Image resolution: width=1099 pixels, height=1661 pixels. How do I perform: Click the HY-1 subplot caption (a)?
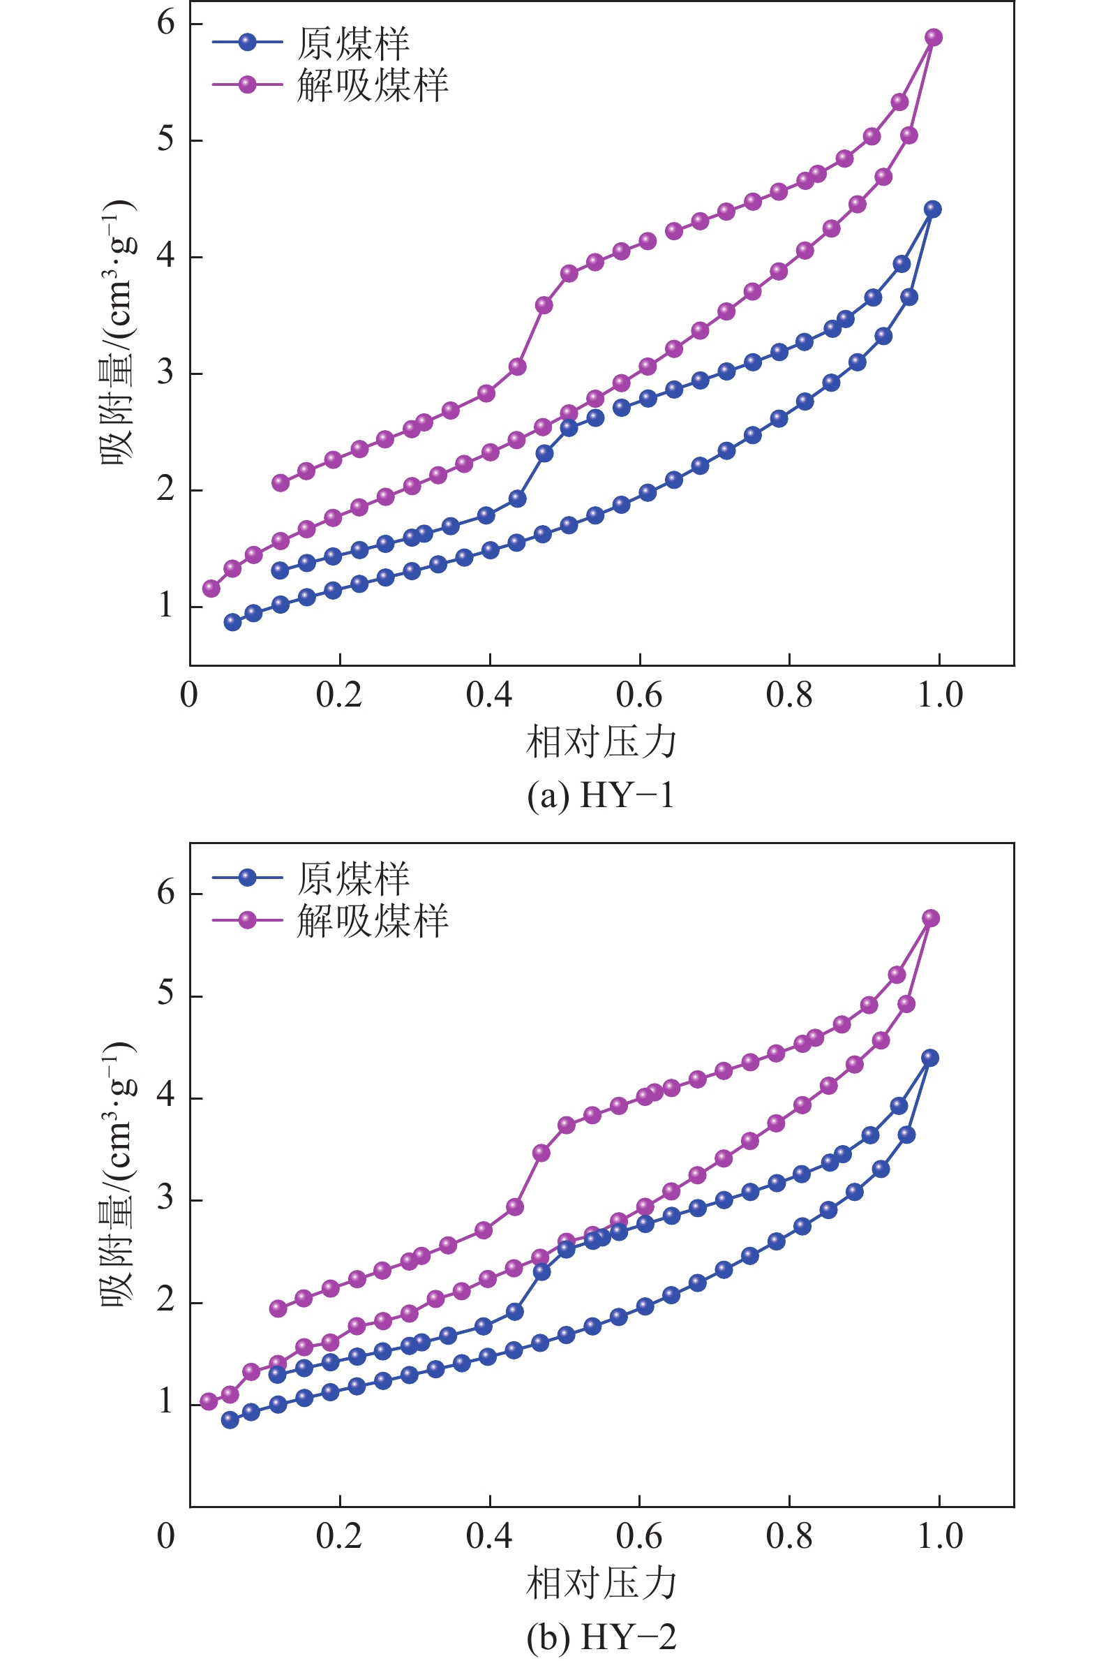(601, 796)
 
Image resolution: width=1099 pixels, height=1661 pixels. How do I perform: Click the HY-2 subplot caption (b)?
(601, 1637)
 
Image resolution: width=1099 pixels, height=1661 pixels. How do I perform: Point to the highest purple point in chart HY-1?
(934, 37)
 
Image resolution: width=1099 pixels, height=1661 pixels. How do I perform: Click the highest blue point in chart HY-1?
(933, 209)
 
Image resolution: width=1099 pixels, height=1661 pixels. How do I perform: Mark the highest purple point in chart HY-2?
(931, 918)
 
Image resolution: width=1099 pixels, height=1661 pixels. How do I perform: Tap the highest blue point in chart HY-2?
(930, 1058)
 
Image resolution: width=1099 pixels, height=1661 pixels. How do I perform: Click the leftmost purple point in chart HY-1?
(211, 589)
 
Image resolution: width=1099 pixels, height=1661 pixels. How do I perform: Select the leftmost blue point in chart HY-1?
(232, 622)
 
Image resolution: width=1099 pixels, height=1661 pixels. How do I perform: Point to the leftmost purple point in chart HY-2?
(208, 1401)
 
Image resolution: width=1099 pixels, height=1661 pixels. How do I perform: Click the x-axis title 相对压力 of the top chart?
(601, 741)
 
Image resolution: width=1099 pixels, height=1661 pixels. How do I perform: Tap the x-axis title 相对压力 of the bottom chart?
(601, 1584)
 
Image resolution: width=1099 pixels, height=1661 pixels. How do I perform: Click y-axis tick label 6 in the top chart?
(166, 23)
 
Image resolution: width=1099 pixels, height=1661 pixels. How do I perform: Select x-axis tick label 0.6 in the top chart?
(638, 695)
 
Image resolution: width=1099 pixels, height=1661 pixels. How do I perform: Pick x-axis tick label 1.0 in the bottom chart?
(940, 1535)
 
